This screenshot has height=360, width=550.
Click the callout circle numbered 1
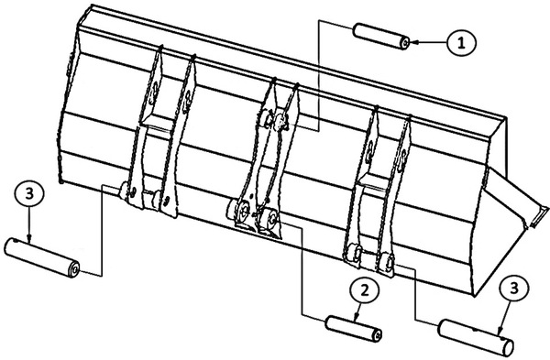(x=462, y=43)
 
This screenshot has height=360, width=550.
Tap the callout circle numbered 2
(x=365, y=290)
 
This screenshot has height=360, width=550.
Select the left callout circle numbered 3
(x=29, y=193)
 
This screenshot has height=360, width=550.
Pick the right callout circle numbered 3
(x=514, y=289)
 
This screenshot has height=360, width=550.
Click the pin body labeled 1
(x=381, y=36)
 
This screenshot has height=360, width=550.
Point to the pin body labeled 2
(x=354, y=327)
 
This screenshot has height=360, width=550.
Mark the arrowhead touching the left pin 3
(x=29, y=238)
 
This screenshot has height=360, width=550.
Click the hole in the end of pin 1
(x=405, y=43)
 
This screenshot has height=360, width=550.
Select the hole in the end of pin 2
(x=378, y=335)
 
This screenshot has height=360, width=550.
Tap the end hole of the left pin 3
(x=75, y=269)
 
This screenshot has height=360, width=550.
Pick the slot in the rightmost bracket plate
(x=403, y=159)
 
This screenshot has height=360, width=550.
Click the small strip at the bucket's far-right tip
(x=540, y=216)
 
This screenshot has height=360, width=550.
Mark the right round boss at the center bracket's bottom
(x=271, y=218)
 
